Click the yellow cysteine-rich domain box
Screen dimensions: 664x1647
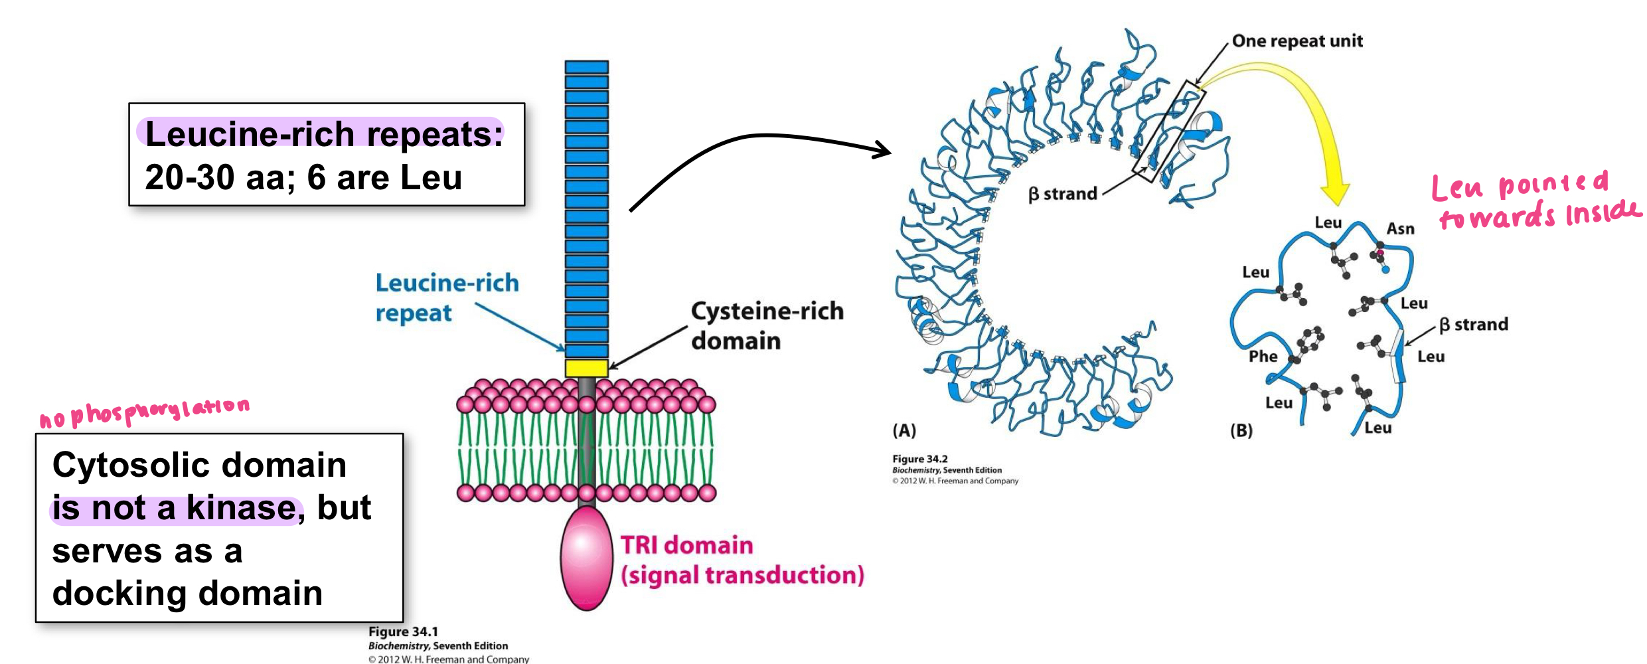pos(586,368)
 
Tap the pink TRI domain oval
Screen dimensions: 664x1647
pos(586,558)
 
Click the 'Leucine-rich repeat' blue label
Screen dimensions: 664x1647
pos(446,297)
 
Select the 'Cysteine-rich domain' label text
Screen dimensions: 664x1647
pos(766,325)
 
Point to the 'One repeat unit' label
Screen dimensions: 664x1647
pos(1296,41)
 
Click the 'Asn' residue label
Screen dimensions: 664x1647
pos(1400,229)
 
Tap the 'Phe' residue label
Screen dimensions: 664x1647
pos(1262,357)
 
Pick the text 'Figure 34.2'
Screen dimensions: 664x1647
pos(919,459)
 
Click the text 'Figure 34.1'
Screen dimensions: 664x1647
pos(403,631)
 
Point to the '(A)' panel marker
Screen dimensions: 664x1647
pos(903,430)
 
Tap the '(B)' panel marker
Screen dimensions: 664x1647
pos(1241,430)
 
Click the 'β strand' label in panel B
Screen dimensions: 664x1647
pos(1473,325)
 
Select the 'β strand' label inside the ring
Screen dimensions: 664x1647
pos(1062,194)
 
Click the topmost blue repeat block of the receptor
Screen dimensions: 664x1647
pos(586,67)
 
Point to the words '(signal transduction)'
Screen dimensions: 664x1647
pos(742,575)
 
